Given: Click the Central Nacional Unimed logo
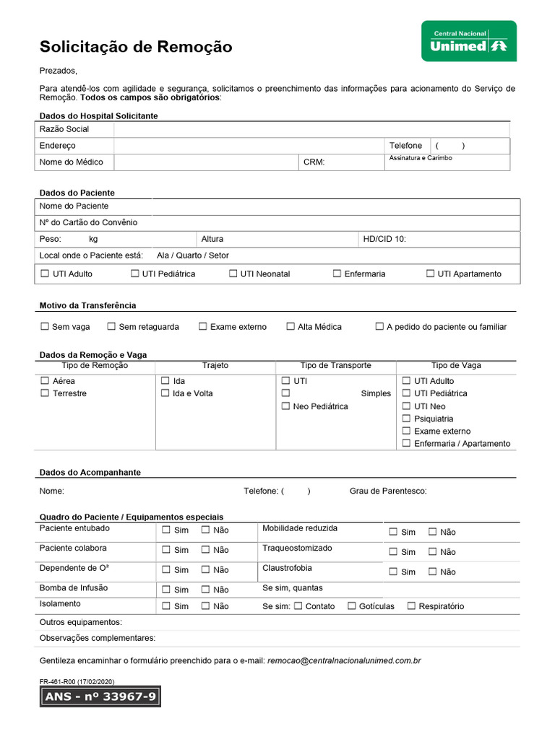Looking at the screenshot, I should pyautogui.click(x=468, y=41).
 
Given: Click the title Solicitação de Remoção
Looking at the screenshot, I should pyautogui.click(x=136, y=47).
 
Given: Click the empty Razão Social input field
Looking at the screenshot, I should pyautogui.click(x=311, y=129).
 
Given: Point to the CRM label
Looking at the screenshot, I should pyautogui.click(x=314, y=162).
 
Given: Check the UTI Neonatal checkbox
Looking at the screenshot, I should pyautogui.click(x=233, y=274).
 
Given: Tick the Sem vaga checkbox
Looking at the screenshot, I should pyautogui.click(x=45, y=326).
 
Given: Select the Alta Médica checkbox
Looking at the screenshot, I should pyautogui.click(x=291, y=326).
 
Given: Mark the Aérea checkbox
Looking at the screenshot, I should pyautogui.click(x=45, y=380).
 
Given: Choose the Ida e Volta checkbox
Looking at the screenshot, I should pyautogui.click(x=165, y=393).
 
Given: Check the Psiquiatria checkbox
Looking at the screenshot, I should pyautogui.click(x=406, y=419).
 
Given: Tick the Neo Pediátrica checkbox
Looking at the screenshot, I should pyautogui.click(x=285, y=406).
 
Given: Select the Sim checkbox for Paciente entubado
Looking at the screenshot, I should pyautogui.click(x=166, y=530).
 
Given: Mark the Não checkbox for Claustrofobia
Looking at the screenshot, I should pyautogui.click(x=432, y=572).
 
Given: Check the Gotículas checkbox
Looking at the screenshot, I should pyautogui.click(x=352, y=606).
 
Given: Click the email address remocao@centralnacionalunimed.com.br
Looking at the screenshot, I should pyautogui.click(x=344, y=660).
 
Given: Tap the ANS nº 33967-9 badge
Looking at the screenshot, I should pyautogui.click(x=100, y=697).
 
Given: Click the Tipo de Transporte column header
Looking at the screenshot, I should pyautogui.click(x=335, y=365).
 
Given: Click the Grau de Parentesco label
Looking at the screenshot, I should pyautogui.click(x=387, y=491).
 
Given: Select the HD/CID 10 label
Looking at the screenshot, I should pyautogui.click(x=384, y=239).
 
